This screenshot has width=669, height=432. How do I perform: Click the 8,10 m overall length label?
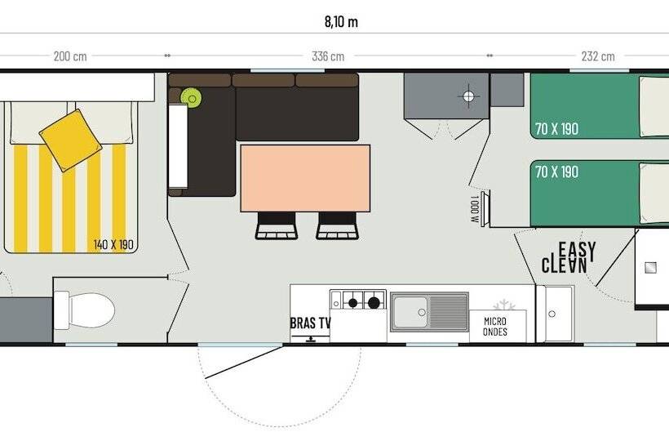341,21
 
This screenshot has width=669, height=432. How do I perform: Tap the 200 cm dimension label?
70,56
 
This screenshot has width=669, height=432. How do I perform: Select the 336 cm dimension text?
328,56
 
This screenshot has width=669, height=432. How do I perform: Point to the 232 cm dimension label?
598,56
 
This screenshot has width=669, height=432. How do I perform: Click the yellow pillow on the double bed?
70,140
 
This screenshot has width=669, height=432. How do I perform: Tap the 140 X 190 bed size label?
113,245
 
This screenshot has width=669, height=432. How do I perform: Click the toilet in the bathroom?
85,310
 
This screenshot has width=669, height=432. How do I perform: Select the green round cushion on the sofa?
191,98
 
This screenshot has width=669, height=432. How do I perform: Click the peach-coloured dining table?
305,178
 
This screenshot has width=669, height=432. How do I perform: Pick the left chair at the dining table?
277,226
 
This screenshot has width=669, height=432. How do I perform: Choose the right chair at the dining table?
337,226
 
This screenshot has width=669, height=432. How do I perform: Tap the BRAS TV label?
310,323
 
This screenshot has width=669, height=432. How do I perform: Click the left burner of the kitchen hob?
352,303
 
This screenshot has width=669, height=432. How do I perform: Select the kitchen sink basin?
410,312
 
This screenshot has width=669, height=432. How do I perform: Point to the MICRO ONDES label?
495,326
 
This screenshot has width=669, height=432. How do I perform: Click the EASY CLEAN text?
569,257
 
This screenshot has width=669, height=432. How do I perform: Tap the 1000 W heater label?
475,209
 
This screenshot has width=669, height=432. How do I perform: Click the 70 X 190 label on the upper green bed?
556,128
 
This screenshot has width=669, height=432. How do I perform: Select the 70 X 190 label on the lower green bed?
556,172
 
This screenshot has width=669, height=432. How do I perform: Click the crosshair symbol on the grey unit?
468,96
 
